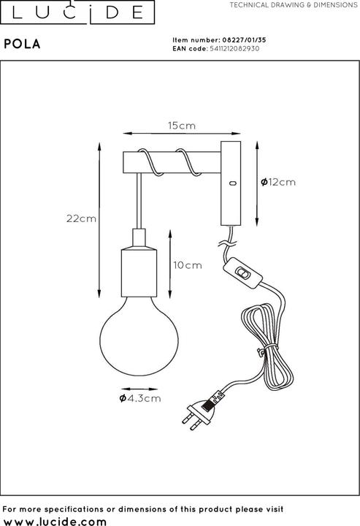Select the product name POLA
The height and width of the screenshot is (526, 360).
[x=23, y=44]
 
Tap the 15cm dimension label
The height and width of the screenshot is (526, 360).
[x=183, y=126]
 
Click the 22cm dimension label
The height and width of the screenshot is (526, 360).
[x=81, y=218]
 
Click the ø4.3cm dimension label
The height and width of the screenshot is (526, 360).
[x=139, y=398]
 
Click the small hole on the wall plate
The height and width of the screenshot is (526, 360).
[x=231, y=182]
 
